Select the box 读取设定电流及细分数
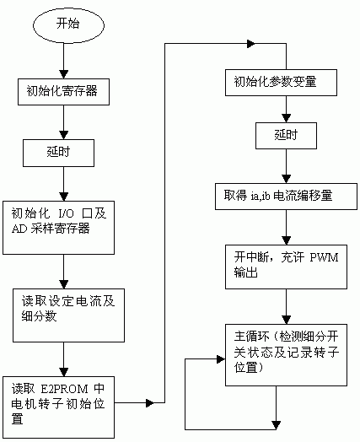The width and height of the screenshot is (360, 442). pyautogui.click(x=63, y=310)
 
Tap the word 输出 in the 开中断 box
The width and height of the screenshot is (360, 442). pyautogui.click(x=240, y=274)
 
